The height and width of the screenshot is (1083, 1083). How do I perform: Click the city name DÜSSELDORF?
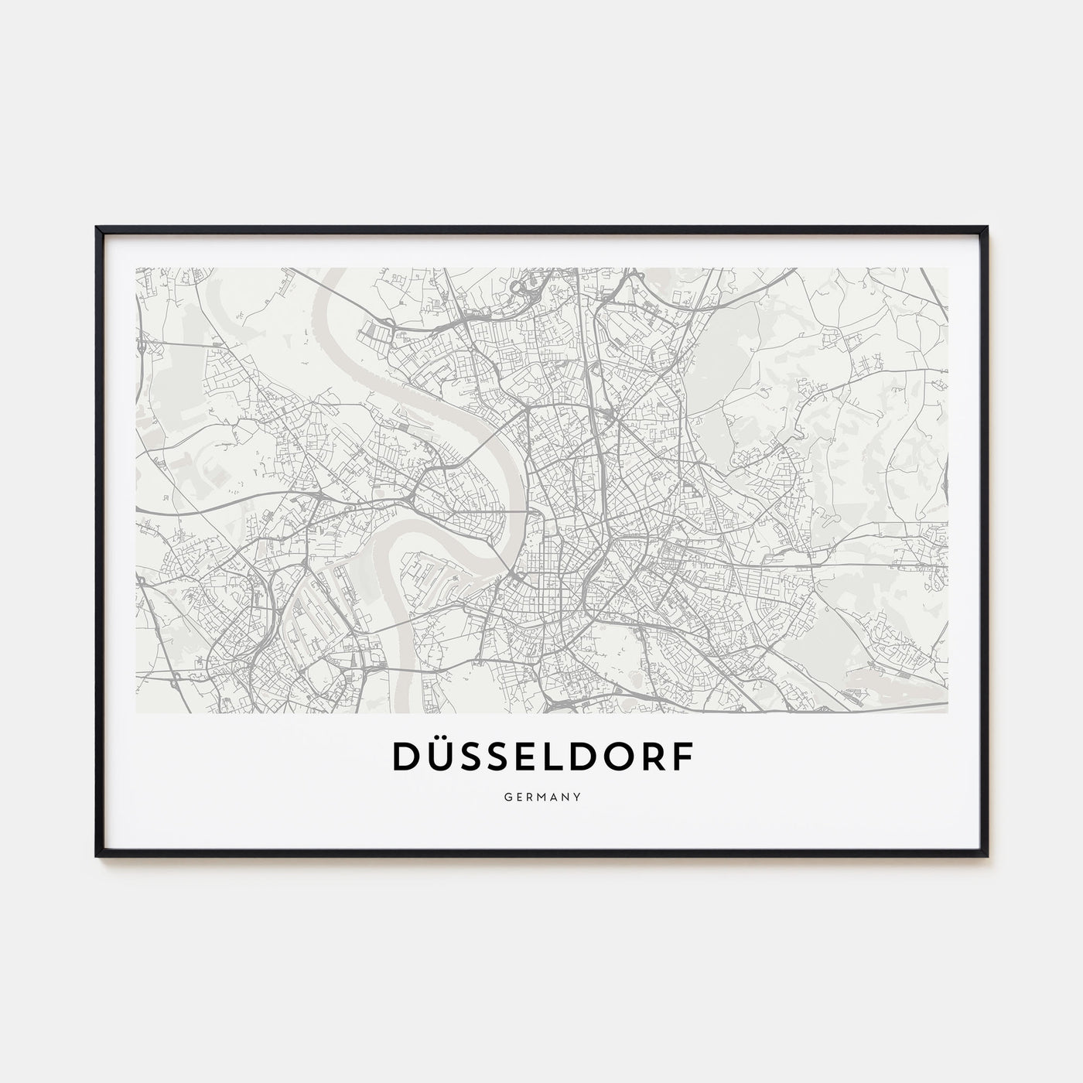(x=541, y=757)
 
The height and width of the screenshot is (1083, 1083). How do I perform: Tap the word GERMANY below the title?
(x=541, y=794)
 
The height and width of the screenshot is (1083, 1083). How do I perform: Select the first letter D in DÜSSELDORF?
(x=407, y=758)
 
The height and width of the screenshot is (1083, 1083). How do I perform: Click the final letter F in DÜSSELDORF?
(x=681, y=758)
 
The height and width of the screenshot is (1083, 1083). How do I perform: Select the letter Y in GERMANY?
(x=579, y=794)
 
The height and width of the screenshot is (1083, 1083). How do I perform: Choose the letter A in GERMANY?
(x=554, y=794)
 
